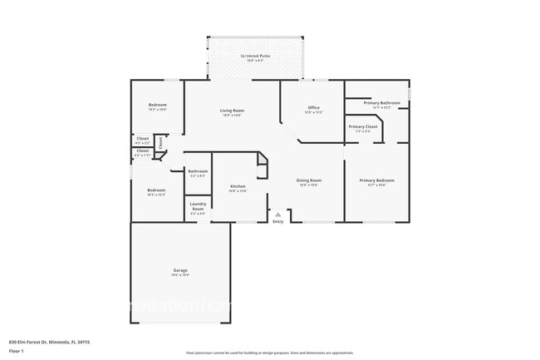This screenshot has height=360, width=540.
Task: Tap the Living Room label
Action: [x=232, y=111]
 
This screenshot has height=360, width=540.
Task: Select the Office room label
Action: [x=313, y=107]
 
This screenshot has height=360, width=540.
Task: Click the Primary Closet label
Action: [x=363, y=126]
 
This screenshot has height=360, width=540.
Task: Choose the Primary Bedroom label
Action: [x=376, y=180]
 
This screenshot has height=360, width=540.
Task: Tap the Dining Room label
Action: [x=309, y=180]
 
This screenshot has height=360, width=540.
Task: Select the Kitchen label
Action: [x=238, y=186]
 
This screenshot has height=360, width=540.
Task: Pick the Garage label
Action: [x=180, y=270]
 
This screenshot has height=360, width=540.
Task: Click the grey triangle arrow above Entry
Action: [x=278, y=214]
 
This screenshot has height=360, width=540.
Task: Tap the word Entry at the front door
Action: [x=277, y=221]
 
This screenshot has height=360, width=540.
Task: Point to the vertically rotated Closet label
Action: [x=160, y=152]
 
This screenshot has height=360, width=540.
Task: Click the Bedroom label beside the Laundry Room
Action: [x=156, y=190]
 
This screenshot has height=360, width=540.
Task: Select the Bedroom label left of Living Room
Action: [x=158, y=105]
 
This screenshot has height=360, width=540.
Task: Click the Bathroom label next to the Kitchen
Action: [x=198, y=171]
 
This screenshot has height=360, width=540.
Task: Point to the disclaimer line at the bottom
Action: [x=269, y=353]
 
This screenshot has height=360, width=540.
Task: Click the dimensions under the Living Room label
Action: [x=232, y=116]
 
